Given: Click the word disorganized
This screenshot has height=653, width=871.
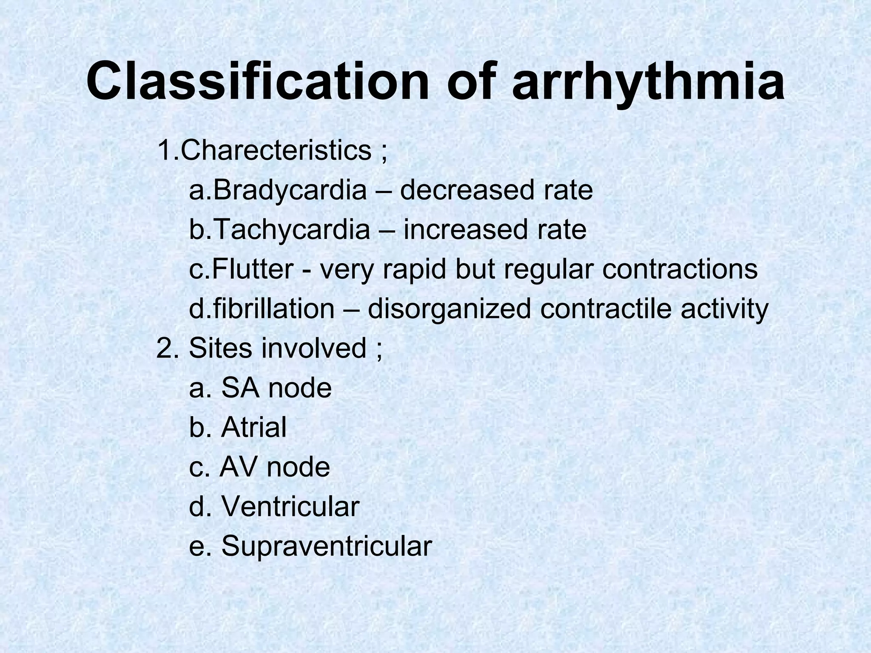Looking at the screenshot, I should point(449,309).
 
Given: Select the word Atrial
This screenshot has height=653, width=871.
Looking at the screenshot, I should point(254,427).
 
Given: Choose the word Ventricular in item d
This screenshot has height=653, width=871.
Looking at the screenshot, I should point(290,506).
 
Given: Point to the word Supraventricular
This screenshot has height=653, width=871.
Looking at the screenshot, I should point(327,546).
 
